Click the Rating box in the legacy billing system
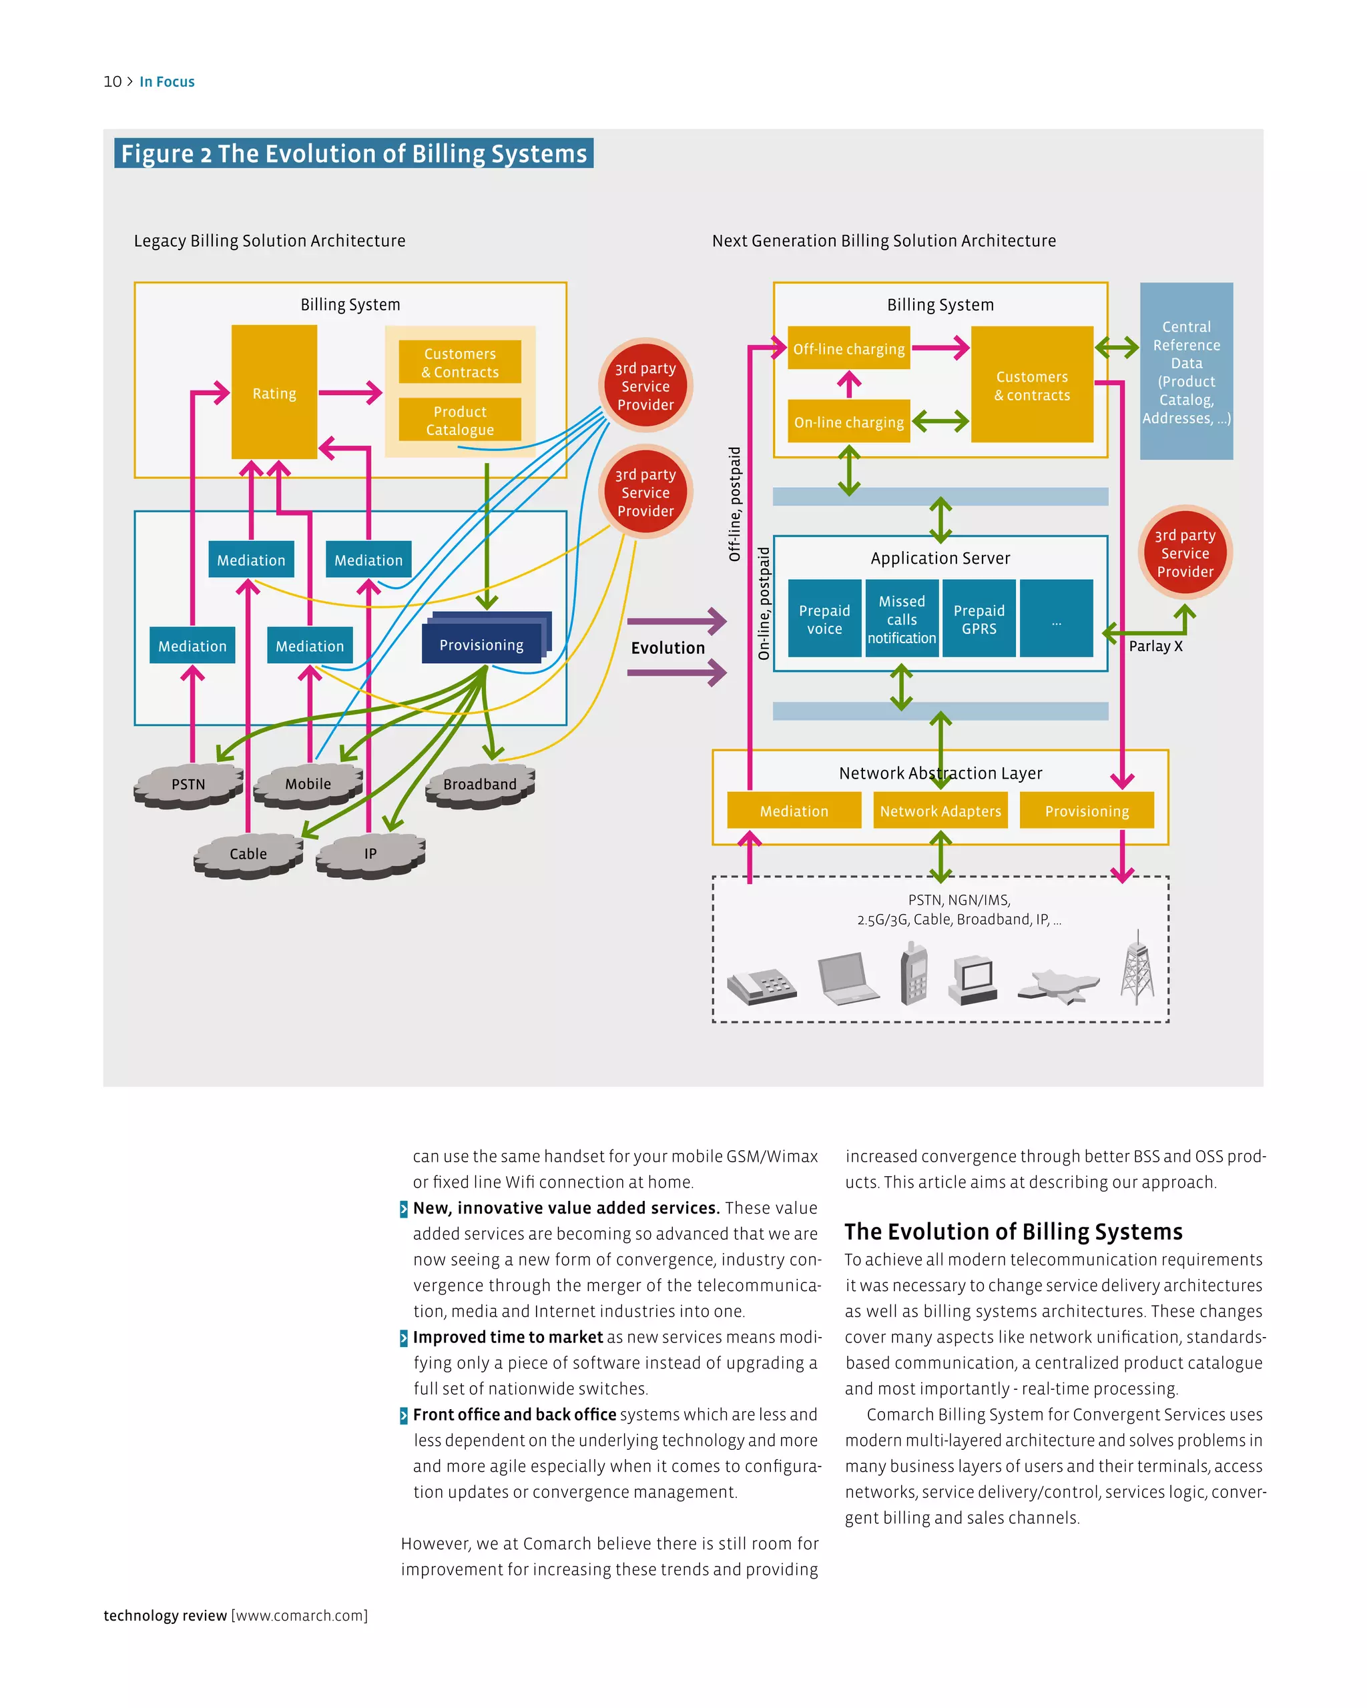click(274, 393)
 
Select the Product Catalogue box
click(460, 420)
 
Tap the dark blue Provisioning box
click(482, 644)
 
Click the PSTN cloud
click(189, 785)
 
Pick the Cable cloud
click(248, 854)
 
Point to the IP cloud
click(370, 854)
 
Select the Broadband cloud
click(480, 785)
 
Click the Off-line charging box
click(849, 348)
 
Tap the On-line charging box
click(849, 422)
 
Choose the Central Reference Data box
click(1186, 372)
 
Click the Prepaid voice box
click(824, 618)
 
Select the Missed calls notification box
click(902, 618)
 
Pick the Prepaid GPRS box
click(979, 618)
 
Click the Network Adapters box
click(940, 811)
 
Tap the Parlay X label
click(1155, 647)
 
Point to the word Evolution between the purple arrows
click(668, 648)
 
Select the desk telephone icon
click(762, 986)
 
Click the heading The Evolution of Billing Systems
click(1013, 1232)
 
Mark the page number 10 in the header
click(113, 81)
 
